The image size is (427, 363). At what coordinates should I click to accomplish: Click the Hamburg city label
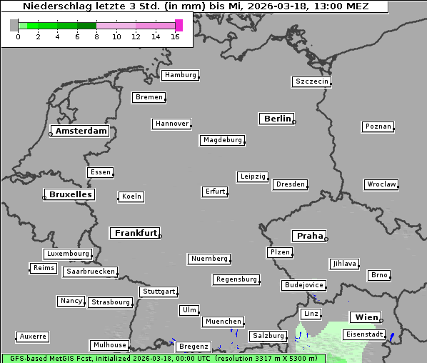click(x=180, y=75)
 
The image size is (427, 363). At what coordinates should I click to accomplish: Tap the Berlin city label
click(x=277, y=119)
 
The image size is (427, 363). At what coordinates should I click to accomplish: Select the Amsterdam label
click(x=81, y=131)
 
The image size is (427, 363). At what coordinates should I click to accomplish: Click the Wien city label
click(x=365, y=317)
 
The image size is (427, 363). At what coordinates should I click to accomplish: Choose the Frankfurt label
click(x=136, y=233)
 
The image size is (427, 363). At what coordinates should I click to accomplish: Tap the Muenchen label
click(x=223, y=322)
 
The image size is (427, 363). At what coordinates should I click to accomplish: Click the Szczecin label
click(x=312, y=81)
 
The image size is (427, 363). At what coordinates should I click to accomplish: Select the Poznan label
click(x=378, y=126)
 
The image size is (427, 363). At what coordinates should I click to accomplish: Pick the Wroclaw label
click(x=381, y=184)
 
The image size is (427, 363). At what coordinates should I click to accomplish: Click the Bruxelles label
click(x=69, y=194)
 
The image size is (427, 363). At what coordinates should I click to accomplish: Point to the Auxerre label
click(x=33, y=336)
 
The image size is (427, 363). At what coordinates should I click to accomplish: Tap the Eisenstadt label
click(x=364, y=334)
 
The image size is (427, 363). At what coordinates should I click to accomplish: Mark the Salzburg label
click(x=268, y=336)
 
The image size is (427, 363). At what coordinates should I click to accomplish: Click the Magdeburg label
click(x=223, y=140)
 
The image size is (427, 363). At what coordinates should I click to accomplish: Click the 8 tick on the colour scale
click(x=96, y=36)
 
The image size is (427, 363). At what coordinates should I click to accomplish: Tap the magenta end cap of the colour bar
click(x=179, y=25)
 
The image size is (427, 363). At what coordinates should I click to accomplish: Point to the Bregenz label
click(x=194, y=347)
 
